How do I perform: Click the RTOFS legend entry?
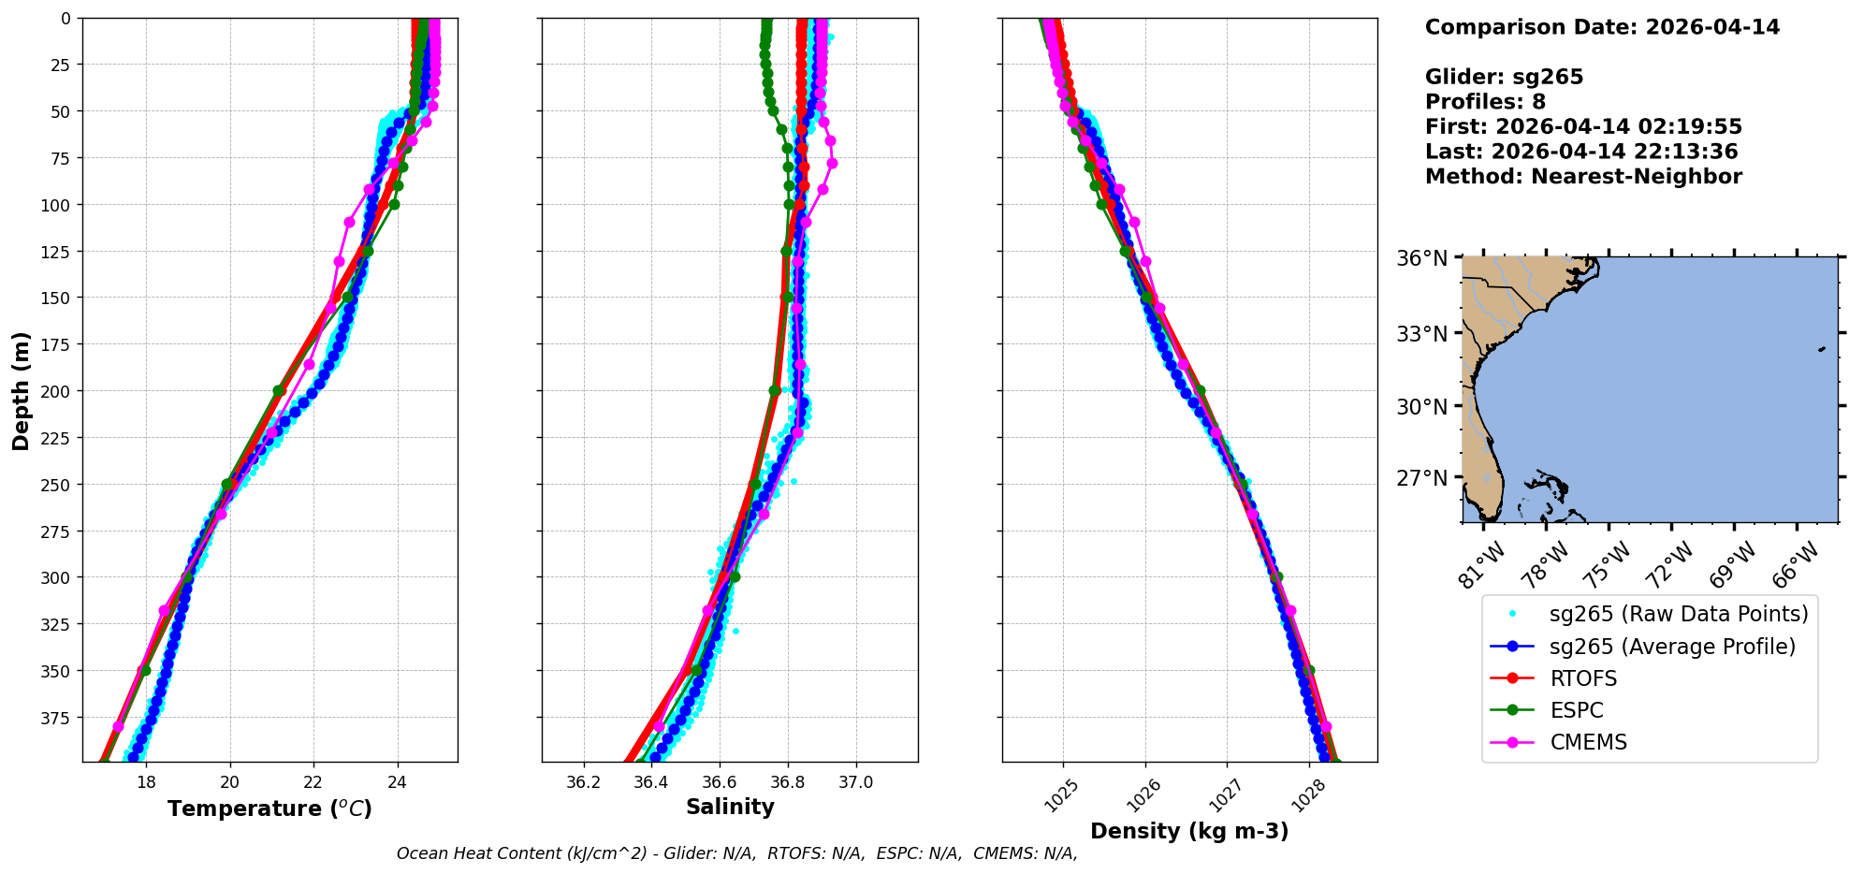click(1583, 678)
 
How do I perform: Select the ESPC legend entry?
click(1577, 710)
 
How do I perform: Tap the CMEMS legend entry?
click(1588, 742)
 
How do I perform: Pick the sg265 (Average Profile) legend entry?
click(1672, 647)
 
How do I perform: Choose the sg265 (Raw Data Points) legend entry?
click(1679, 614)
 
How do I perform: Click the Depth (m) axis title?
click(21, 390)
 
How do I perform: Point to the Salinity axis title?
click(730, 808)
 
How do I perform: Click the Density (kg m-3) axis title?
click(1189, 831)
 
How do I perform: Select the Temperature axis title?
click(269, 808)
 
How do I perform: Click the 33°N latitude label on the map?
click(1422, 334)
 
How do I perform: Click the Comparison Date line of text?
click(1602, 27)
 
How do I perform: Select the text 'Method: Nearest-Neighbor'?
click(1583, 177)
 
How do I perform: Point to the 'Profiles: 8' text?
click(1485, 102)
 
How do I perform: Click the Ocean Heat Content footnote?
click(736, 853)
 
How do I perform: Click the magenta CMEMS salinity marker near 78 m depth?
click(832, 164)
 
